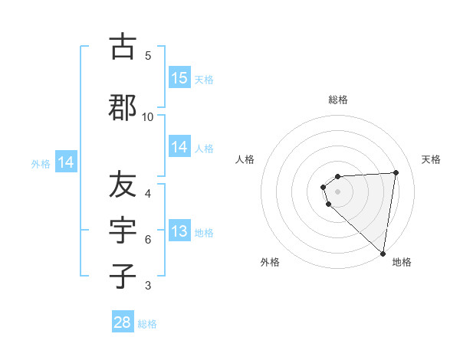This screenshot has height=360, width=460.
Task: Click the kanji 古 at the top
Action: click(x=123, y=47)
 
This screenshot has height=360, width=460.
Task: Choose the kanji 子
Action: click(x=123, y=277)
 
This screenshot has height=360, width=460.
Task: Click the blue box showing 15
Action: click(x=179, y=78)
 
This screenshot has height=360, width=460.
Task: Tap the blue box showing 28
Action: click(x=123, y=322)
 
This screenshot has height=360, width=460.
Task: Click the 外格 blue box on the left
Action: click(x=66, y=162)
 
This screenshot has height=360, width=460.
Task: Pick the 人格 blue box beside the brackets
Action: click(x=179, y=148)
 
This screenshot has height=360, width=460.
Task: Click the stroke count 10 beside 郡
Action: click(x=148, y=116)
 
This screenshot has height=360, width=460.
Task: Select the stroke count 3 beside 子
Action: click(x=148, y=286)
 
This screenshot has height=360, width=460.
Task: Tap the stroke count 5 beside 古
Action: click(x=148, y=55)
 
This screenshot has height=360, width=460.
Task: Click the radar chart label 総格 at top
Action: click(x=338, y=100)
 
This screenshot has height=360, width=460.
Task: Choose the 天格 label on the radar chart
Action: click(x=432, y=159)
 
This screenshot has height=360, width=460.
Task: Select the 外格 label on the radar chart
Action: click(x=270, y=263)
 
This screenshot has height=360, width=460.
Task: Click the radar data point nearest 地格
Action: click(x=383, y=254)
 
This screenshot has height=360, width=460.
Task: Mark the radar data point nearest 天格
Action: click(x=396, y=172)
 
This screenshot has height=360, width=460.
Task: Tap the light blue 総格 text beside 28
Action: click(x=147, y=324)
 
